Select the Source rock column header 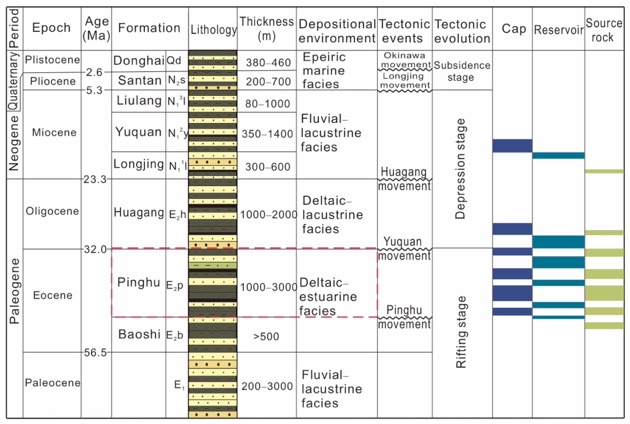pos(604,30)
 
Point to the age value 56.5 pos(95,352)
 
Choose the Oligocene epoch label pos(52,211)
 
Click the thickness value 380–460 pos(268,62)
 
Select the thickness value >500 pos(266,336)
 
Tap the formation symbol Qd pos(174,60)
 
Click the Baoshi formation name pos(139,334)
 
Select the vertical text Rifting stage pos(461,332)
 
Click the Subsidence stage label pos(462,71)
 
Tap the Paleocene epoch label pos(52,383)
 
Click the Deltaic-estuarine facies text pos(328,297)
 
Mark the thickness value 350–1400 pos(267,134)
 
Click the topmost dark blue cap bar pos(512,146)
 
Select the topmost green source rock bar pos(604,171)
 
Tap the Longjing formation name pos(138,164)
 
